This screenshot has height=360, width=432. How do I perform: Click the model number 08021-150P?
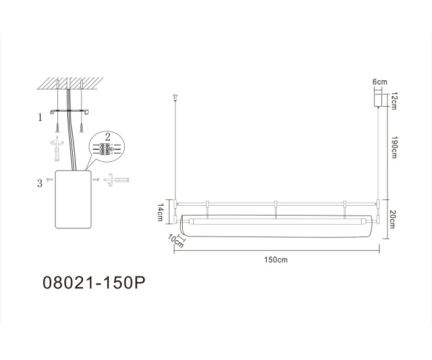click(x=94, y=283)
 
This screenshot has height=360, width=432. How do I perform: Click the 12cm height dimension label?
click(x=393, y=98)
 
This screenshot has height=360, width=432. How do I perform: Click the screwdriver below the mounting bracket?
click(x=58, y=147)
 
